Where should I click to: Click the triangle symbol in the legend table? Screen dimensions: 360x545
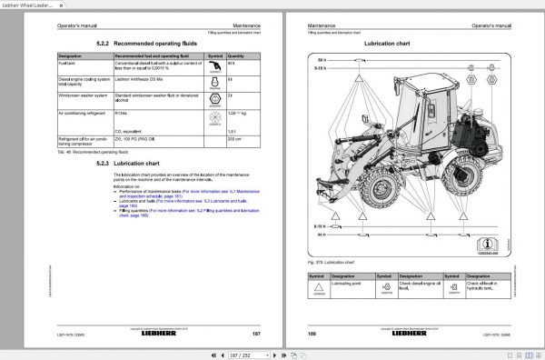tap(318, 285)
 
